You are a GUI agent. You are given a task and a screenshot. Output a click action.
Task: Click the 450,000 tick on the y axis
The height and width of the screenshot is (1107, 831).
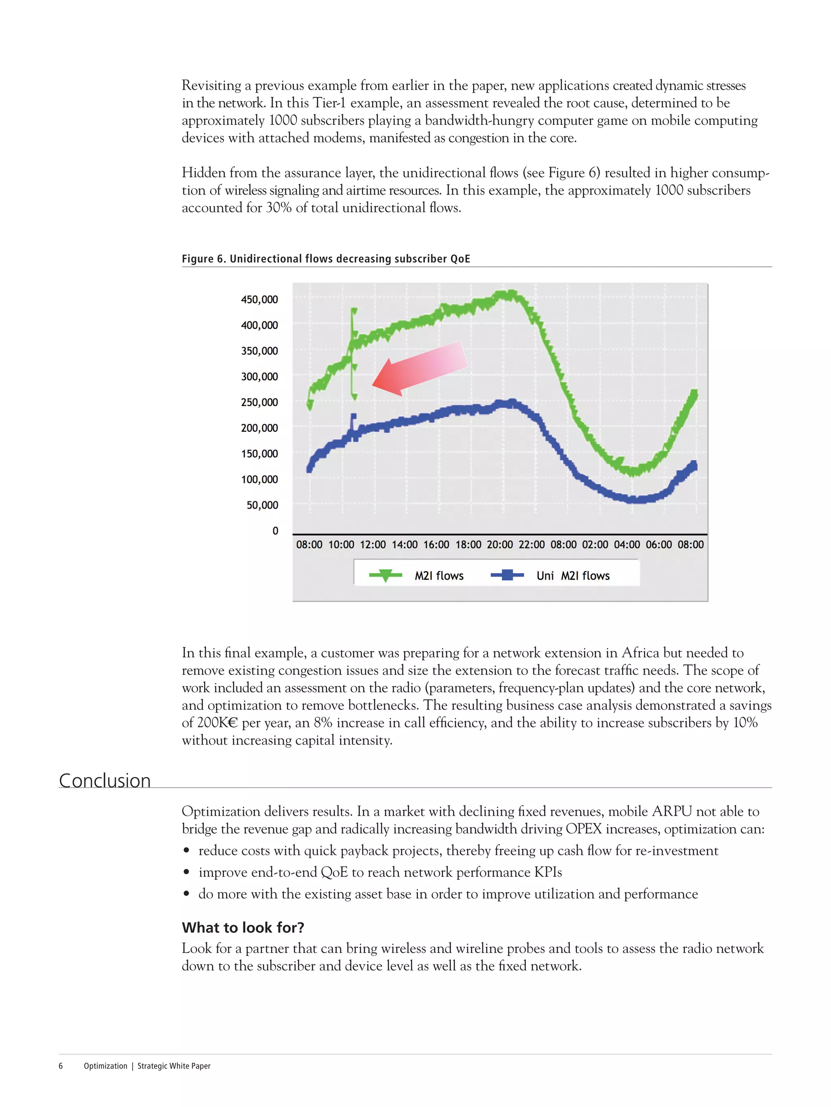(x=259, y=300)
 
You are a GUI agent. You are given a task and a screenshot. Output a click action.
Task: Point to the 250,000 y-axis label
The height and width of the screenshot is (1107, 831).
(x=259, y=403)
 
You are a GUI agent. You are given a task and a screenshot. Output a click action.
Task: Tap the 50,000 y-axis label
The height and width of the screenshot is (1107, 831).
(x=262, y=505)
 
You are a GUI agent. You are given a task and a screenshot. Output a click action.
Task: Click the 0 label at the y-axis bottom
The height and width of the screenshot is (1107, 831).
(x=275, y=531)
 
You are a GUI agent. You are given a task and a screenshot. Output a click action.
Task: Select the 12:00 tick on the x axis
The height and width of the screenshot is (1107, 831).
(x=372, y=544)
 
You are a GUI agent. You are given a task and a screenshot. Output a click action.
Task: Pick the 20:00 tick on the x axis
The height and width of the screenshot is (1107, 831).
(x=499, y=544)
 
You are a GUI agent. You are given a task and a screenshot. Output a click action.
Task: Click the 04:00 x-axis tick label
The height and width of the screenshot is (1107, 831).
(x=626, y=544)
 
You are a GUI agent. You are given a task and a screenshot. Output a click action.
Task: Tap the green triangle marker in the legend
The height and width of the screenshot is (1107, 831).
(x=385, y=576)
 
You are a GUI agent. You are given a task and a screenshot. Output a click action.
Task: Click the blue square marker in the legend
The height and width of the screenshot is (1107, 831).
(x=507, y=576)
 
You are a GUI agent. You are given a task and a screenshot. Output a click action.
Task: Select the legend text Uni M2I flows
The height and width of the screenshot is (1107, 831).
(x=573, y=576)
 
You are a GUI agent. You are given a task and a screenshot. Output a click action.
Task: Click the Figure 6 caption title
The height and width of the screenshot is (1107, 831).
(x=325, y=259)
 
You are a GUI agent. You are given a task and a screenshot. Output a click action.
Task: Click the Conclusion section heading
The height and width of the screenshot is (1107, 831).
(x=105, y=781)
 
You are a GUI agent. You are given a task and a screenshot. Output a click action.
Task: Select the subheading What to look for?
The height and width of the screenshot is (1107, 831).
(x=243, y=927)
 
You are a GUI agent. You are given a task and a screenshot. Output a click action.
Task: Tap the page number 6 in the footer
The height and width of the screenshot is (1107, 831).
(x=60, y=1066)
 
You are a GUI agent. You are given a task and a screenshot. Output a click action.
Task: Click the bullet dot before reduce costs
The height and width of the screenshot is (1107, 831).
(x=186, y=851)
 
